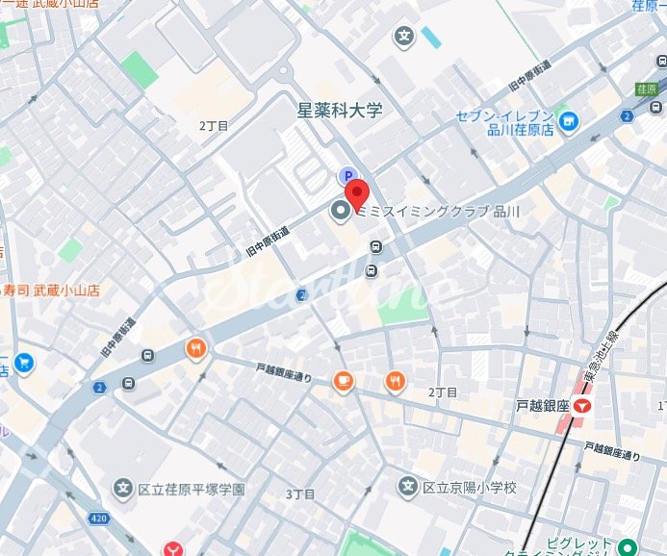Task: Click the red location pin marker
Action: coord(357,195)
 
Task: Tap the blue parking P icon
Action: coord(344,175)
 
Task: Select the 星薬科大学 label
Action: coord(339,111)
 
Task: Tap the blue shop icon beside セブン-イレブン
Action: coord(569,121)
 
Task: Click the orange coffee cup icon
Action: coord(343,382)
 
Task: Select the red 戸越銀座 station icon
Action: coord(582,408)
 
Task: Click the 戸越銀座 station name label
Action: coord(542,408)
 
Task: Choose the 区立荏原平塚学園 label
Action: coord(190,488)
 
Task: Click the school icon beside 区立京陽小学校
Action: coord(408,487)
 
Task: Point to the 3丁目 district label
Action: coord(300,493)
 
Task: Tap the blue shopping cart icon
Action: coord(23,363)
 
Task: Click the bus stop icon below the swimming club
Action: coord(376,246)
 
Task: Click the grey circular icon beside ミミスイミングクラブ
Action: coord(341,213)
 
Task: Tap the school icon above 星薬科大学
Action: coord(402,38)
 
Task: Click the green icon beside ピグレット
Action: coord(629,545)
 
